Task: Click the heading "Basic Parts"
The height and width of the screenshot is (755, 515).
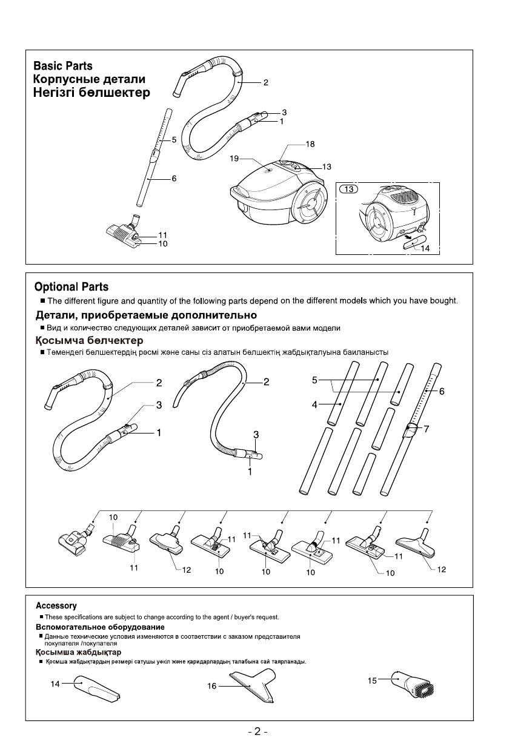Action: [63, 65]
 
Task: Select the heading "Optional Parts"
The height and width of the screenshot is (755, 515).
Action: [71, 286]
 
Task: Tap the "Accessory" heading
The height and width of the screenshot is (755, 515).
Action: [56, 605]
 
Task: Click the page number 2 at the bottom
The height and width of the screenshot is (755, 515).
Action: [257, 731]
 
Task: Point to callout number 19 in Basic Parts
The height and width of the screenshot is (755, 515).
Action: [234, 159]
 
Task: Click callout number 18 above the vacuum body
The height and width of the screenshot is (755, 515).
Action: [310, 145]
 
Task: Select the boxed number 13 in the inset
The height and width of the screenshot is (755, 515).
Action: [349, 188]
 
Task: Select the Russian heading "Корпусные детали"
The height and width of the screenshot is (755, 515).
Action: [89, 79]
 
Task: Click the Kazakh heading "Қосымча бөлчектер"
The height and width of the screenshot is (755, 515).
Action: [88, 341]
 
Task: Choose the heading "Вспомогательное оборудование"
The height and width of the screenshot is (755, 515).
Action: [100, 626]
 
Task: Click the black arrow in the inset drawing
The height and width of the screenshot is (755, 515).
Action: [394, 239]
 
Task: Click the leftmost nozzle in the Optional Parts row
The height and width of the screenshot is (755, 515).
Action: [74, 537]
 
